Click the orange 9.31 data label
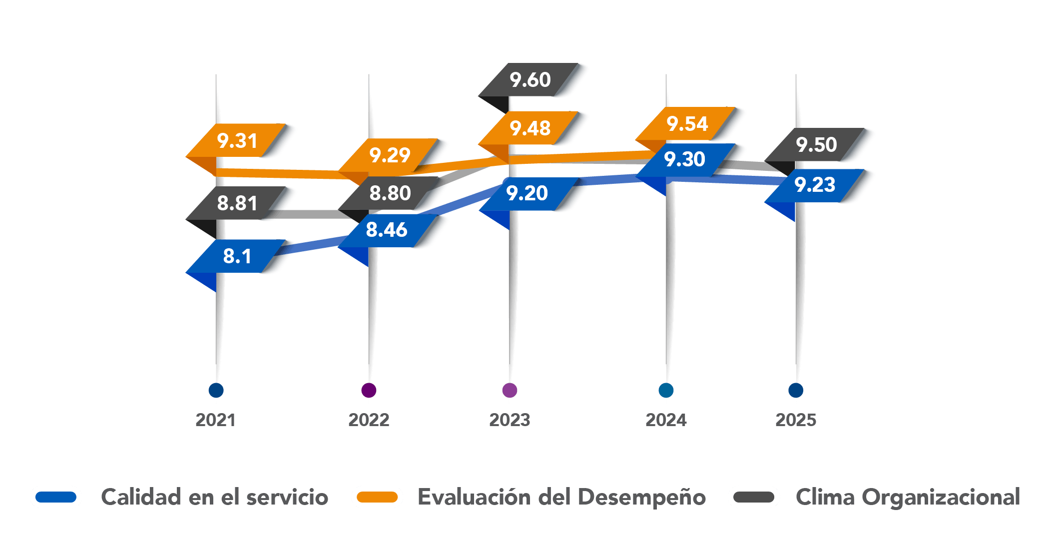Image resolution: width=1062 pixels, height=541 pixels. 237,140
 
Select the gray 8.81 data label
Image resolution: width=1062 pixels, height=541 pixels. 237,203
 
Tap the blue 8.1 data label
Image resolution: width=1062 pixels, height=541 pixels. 237,256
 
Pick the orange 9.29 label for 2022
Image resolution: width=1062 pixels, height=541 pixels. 390,155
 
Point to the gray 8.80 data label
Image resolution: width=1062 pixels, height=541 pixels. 390,193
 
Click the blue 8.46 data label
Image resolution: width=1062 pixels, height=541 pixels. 387,230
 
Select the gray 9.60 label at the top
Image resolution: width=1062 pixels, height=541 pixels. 530,79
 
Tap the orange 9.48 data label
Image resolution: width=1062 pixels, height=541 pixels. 530,128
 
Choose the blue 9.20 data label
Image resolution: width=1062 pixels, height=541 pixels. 527,193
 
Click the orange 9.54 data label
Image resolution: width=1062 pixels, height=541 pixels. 687,123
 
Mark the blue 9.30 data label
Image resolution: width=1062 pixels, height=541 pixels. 684,159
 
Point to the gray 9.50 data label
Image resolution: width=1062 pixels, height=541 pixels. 816,144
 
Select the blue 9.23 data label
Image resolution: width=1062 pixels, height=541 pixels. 815,185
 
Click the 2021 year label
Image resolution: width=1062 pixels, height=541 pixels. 215,420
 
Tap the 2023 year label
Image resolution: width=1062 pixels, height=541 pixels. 510,420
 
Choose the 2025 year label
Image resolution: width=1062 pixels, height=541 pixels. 796,420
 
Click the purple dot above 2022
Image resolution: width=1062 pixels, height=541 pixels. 369,390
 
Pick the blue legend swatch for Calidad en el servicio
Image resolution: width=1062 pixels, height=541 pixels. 56,497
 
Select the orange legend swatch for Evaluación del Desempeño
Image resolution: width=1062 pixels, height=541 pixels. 377,497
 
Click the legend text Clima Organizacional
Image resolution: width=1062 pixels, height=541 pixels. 908,497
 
